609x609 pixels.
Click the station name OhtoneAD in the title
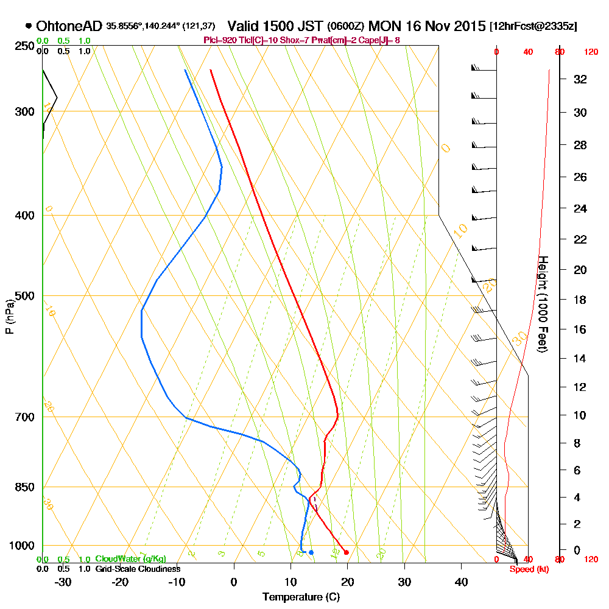(x=69, y=26)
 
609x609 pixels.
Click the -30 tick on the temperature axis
(x=63, y=582)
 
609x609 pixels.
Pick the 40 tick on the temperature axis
(x=461, y=582)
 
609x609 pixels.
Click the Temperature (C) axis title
(x=301, y=597)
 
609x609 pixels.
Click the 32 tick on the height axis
(x=580, y=79)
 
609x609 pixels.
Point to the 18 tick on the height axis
(x=580, y=300)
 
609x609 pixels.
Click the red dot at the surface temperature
(x=346, y=552)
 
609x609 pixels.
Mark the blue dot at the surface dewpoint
(x=311, y=552)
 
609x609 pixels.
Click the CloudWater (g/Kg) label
(x=130, y=559)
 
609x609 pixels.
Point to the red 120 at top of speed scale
(x=591, y=52)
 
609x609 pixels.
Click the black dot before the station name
(x=29, y=26)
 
